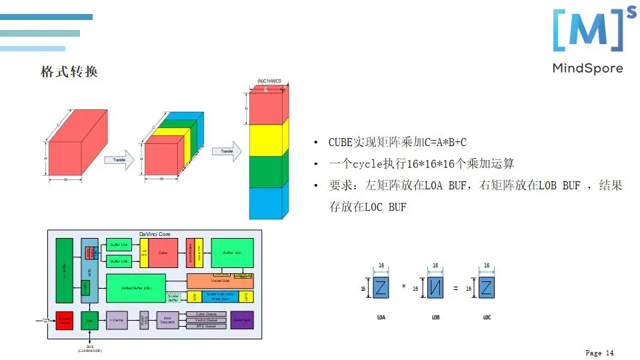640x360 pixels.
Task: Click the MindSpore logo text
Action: click(x=587, y=68)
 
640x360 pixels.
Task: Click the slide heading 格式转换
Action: click(x=69, y=72)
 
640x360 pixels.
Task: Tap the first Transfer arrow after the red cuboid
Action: click(x=120, y=160)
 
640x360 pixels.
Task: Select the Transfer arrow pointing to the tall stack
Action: click(x=227, y=151)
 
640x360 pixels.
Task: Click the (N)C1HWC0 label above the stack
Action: click(x=269, y=81)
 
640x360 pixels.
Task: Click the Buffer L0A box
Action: click(x=119, y=245)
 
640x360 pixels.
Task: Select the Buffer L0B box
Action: click(x=119, y=261)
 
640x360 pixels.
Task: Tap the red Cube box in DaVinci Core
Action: click(x=163, y=253)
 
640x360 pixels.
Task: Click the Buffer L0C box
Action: click(x=232, y=253)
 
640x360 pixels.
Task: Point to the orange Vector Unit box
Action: click(x=220, y=281)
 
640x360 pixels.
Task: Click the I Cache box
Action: click(x=116, y=321)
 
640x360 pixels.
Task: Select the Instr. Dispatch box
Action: click(x=168, y=321)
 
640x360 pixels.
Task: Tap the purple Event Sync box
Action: click(x=241, y=321)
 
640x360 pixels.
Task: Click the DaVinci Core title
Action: click(x=155, y=234)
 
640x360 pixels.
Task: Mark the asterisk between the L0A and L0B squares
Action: click(x=404, y=287)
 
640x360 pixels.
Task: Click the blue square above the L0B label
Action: click(x=435, y=288)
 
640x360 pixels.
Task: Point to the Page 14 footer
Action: click(x=599, y=353)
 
